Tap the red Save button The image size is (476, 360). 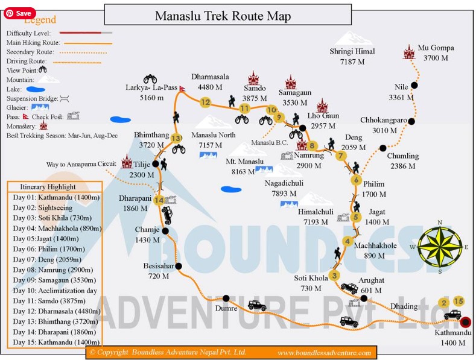pyautogui.click(x=19, y=13)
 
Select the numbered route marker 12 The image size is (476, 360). pyautogui.click(x=206, y=102)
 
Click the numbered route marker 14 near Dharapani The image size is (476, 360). pyautogui.click(x=159, y=200)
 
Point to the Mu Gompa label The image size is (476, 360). pyautogui.click(x=436, y=48)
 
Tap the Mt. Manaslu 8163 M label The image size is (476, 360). pyautogui.click(x=244, y=166)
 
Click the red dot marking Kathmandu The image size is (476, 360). pyautogui.click(x=465, y=321)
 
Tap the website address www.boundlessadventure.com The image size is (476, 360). pyautogui.click(x=325, y=352)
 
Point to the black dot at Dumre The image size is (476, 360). pyautogui.click(x=226, y=298)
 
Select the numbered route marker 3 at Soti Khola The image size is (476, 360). pyautogui.click(x=334, y=277)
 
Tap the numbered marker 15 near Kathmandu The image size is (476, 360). pyautogui.click(x=459, y=301)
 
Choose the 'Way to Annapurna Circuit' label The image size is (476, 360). pyautogui.click(x=81, y=164)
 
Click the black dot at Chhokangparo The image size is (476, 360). pyautogui.click(x=411, y=121)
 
